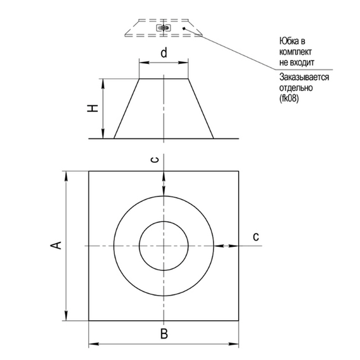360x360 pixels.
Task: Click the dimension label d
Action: [164, 53]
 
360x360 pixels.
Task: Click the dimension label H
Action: [93, 109]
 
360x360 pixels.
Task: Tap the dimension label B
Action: [163, 333]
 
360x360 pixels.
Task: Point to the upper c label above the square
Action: [155, 159]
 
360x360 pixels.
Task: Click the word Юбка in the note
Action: [290, 41]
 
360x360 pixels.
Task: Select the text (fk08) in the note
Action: [291, 100]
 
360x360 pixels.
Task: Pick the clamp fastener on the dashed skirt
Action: [164, 28]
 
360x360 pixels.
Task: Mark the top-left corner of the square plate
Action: [88, 171]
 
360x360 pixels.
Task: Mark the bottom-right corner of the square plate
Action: [239, 320]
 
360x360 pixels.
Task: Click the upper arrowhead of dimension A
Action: [66, 175]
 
